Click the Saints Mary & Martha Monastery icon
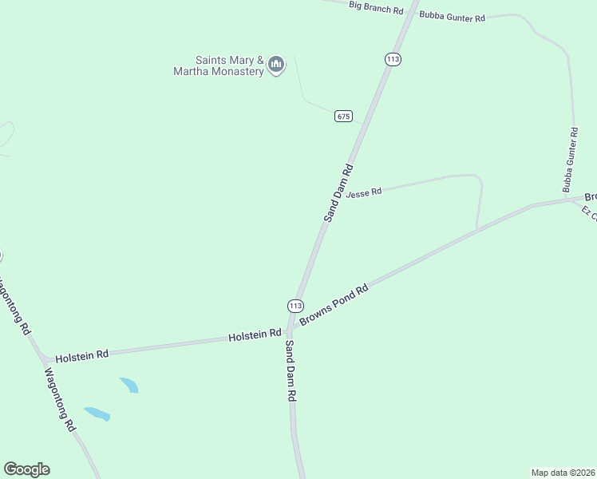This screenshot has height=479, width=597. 276,65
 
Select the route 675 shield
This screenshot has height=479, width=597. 343,116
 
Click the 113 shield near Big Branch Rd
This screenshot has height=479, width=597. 392,59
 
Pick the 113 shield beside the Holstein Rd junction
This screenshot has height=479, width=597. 295,306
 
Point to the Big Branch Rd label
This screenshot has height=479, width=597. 376,8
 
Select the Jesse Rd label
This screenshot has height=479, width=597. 364,192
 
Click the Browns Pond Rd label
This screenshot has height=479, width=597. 334,305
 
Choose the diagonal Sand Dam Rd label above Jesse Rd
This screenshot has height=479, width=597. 338,192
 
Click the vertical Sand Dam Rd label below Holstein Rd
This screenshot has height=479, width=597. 291,371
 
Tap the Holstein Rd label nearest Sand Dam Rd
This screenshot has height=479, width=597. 255,335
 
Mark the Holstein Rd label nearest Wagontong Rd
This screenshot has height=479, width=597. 81,354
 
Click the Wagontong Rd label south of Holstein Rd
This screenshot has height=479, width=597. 60,399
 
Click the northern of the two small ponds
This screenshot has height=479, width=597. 129,385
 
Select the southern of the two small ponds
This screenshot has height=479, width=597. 97,414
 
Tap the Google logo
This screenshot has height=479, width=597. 26,469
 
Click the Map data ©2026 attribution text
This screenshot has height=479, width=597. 563,472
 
